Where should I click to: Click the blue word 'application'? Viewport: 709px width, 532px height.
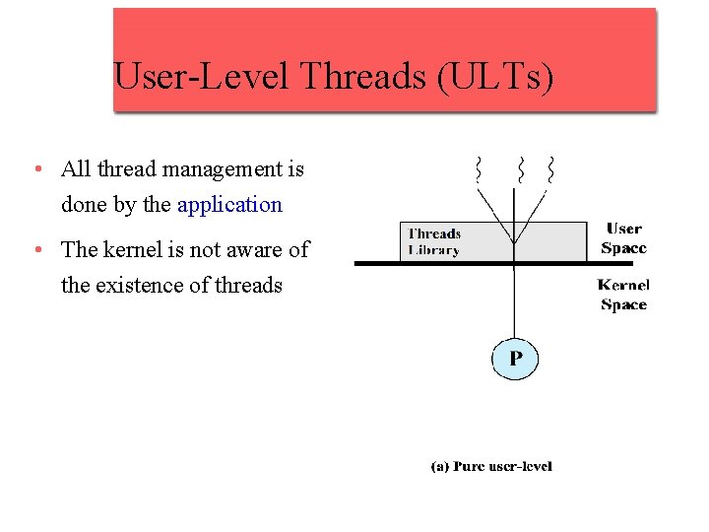click(229, 205)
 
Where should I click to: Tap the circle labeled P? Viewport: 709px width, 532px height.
click(515, 359)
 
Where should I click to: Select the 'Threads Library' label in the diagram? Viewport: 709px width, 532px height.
click(434, 241)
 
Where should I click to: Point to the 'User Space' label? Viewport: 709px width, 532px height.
click(624, 238)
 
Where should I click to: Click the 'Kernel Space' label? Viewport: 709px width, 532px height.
click(623, 295)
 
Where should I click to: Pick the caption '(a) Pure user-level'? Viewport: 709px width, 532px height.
click(491, 466)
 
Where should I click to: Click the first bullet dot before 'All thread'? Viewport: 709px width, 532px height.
click(35, 169)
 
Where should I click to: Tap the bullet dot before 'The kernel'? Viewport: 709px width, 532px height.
click(35, 250)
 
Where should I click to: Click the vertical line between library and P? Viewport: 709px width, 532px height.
click(514, 300)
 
